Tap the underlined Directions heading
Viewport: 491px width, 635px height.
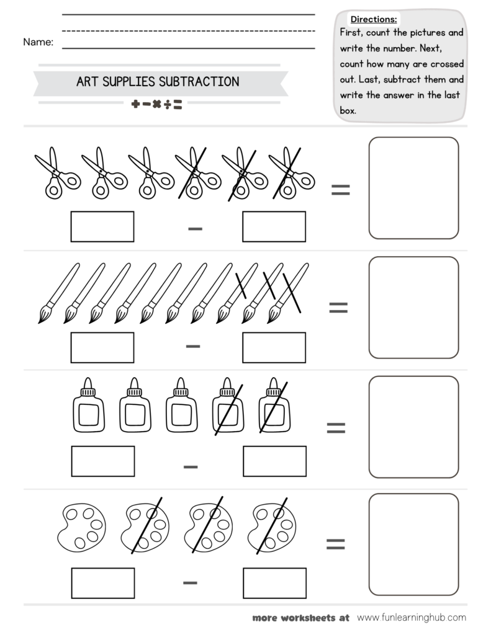coord(374,19)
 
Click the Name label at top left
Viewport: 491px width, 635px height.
coord(38,42)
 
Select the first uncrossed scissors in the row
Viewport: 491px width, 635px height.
coord(57,173)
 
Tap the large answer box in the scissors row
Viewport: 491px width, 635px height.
coord(413,188)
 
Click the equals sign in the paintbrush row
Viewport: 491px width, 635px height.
coord(338,307)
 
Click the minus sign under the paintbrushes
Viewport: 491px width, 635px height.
coord(193,345)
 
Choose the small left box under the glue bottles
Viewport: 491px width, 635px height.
coord(102,461)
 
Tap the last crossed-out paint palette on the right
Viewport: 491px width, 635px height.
coord(271,526)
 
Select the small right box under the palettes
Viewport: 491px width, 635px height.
coord(274,583)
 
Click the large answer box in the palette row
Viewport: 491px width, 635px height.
coord(413,544)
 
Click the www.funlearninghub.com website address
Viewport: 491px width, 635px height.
coord(411,617)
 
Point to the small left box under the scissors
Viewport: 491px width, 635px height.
coord(102,226)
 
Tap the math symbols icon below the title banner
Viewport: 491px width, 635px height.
coord(156,105)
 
